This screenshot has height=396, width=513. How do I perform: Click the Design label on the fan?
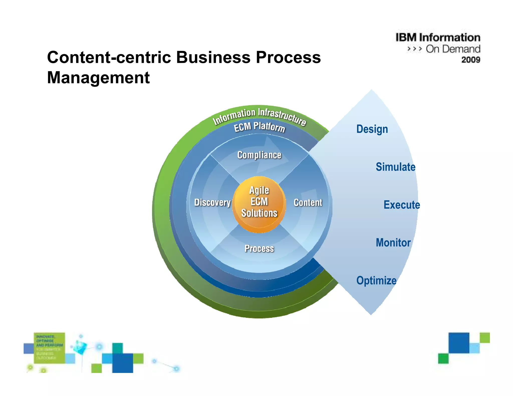[372, 129]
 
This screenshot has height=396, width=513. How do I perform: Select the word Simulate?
[395, 167]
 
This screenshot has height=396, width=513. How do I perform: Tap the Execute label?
[402, 205]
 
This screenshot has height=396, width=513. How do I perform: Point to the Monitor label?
[393, 243]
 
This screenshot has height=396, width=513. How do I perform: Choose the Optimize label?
[376, 280]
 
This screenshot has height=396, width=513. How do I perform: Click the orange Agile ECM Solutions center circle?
[259, 204]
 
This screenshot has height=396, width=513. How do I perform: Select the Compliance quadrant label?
[259, 155]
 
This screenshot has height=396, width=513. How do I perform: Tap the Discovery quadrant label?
[212, 202]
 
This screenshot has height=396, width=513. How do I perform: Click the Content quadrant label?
[308, 203]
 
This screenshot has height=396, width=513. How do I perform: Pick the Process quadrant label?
[259, 249]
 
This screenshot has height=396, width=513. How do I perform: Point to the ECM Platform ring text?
[259, 127]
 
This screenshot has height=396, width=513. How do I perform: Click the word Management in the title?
[98, 77]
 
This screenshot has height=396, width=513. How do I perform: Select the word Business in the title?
[213, 57]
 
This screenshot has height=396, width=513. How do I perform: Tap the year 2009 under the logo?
[471, 60]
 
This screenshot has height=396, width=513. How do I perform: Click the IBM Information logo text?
[438, 38]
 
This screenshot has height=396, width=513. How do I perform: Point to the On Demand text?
[453, 49]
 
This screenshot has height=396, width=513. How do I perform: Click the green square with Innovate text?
[49, 348]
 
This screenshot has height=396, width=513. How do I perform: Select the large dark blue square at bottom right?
[459, 343]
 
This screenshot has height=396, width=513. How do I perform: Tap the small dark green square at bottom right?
[443, 358]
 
